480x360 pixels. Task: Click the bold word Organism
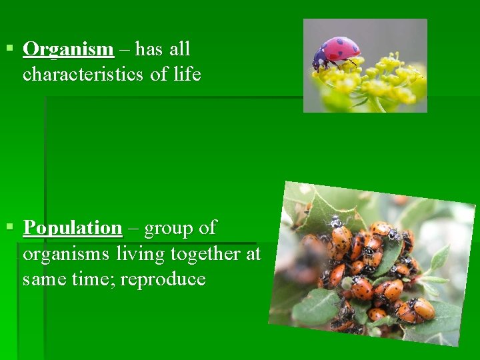click(68, 49)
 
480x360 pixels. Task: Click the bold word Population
click(73, 228)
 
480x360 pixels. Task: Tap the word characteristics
click(83, 74)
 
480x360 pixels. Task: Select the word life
click(187, 74)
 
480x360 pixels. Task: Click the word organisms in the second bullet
click(67, 254)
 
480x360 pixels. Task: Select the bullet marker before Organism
click(9, 49)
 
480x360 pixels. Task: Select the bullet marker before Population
click(9, 227)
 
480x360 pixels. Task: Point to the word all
click(179, 49)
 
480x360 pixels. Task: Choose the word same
click(42, 279)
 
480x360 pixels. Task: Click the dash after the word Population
click(133, 229)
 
